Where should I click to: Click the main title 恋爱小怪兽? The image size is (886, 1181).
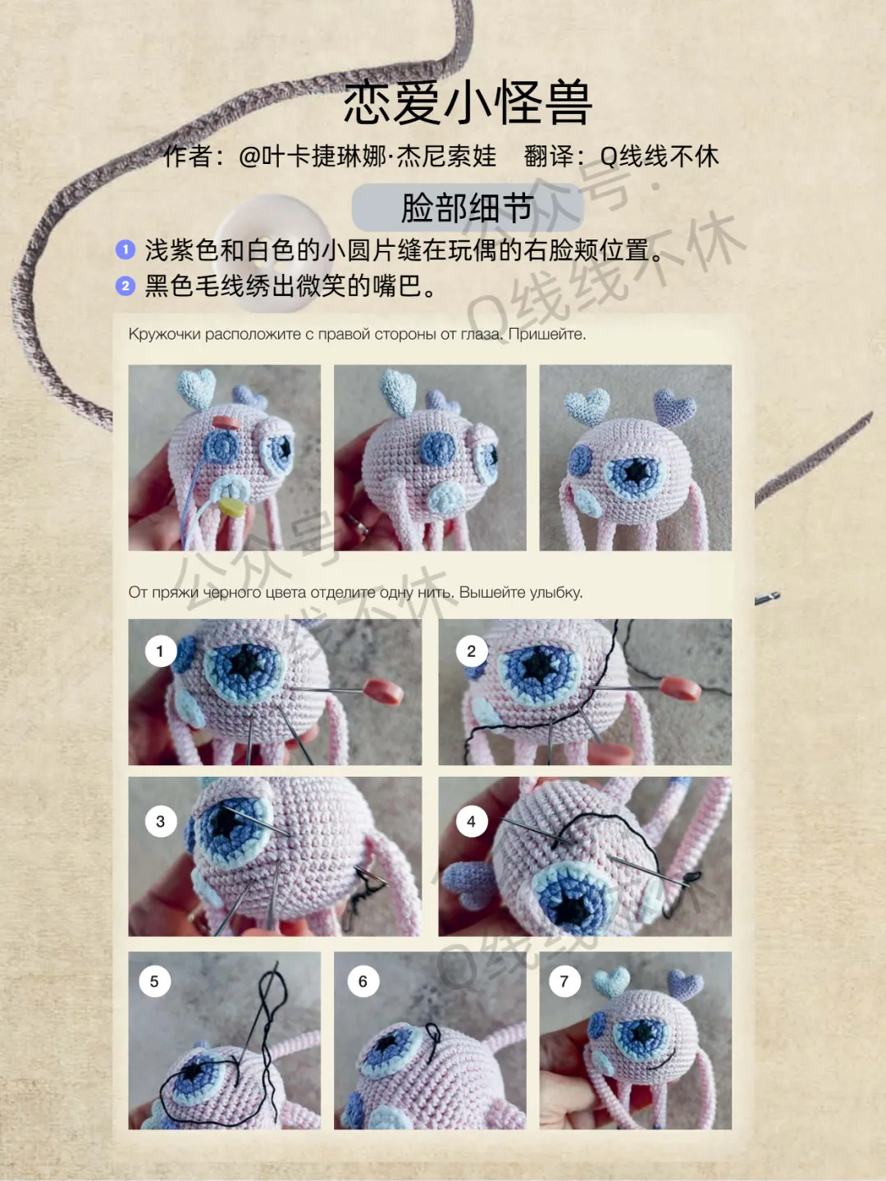pyautogui.click(x=468, y=103)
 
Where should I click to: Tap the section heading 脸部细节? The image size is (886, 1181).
pyautogui.click(x=468, y=207)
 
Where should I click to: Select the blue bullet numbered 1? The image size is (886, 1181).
pyautogui.click(x=126, y=249)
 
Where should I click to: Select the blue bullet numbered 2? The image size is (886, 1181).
pyautogui.click(x=126, y=285)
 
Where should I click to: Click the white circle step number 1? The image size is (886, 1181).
pyautogui.click(x=160, y=651)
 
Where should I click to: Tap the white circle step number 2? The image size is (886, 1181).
pyautogui.click(x=471, y=651)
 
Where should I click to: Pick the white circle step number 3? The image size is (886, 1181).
pyautogui.click(x=160, y=822)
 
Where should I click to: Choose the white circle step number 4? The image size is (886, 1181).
pyautogui.click(x=471, y=822)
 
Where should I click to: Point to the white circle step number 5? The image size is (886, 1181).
pyautogui.click(x=154, y=982)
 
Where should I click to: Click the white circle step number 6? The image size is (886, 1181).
pyautogui.click(x=363, y=982)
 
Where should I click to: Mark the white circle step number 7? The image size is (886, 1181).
pyautogui.click(x=564, y=982)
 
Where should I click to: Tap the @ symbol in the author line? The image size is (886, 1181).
pyautogui.click(x=249, y=157)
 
